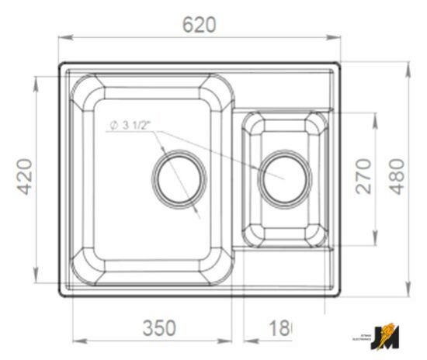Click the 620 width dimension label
(x=199, y=25)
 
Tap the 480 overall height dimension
(x=396, y=176)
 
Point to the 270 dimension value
(x=362, y=176)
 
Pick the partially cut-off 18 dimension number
(x=279, y=327)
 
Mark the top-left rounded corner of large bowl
(x=85, y=90)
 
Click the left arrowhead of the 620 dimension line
(x=63, y=36)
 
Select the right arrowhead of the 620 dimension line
(x=339, y=36)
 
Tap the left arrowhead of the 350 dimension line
(x=75, y=340)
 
